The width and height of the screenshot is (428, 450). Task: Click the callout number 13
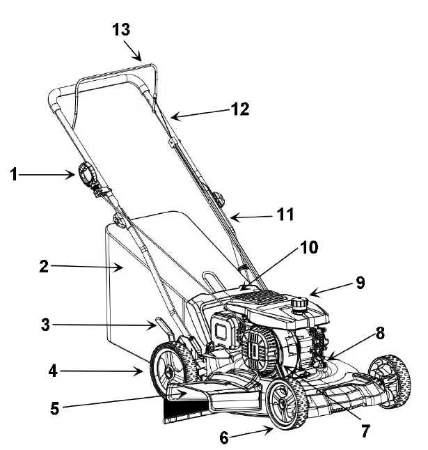click(x=120, y=30)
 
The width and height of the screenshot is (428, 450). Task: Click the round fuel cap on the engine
click(x=301, y=304)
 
